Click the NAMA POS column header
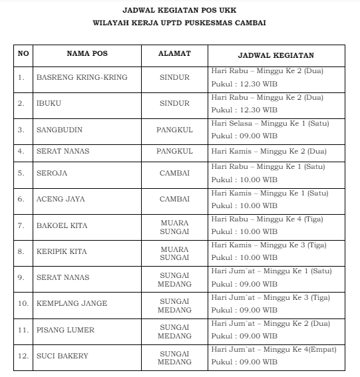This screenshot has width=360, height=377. tap(87, 55)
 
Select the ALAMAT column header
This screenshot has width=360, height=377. tap(174, 55)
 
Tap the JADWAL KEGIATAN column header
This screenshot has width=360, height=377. tap(275, 55)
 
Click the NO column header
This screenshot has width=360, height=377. tap(23, 55)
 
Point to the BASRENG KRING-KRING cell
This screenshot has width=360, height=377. tap(81, 77)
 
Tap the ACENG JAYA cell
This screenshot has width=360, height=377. tap(61, 199)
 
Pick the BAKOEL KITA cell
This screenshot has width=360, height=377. tap(61, 226)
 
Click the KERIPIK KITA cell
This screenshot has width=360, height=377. tap(62, 251)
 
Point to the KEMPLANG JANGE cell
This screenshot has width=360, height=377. tap(71, 304)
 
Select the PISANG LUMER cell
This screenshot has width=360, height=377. tap(65, 330)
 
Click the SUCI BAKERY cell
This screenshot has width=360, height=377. tap(62, 356)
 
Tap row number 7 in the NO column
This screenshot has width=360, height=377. tap(21, 226)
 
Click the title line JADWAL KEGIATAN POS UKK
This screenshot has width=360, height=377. tap(180, 11)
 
